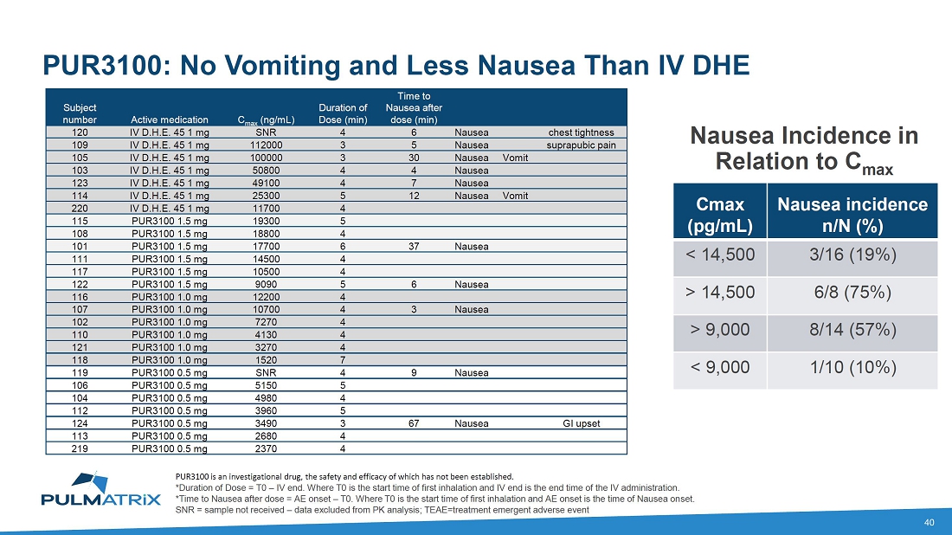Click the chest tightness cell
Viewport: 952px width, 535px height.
click(582, 133)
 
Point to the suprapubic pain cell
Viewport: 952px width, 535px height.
click(582, 145)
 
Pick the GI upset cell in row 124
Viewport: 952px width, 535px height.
click(582, 423)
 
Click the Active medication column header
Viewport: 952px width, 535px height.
click(170, 119)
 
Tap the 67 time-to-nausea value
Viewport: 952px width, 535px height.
click(415, 423)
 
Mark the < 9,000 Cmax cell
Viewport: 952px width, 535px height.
click(719, 367)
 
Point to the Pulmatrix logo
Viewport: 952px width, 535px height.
click(100, 490)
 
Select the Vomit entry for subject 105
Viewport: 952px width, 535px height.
click(515, 158)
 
